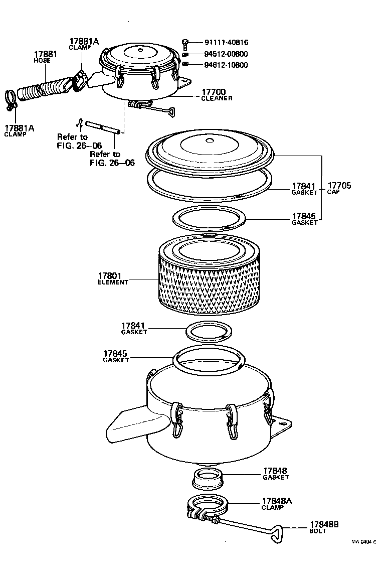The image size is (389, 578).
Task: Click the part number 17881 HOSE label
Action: click(x=45, y=57)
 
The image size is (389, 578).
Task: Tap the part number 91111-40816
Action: click(x=226, y=43)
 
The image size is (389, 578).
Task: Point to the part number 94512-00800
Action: click(x=226, y=54)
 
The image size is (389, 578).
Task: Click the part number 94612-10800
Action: click(x=226, y=65)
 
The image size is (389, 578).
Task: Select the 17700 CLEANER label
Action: click(x=217, y=95)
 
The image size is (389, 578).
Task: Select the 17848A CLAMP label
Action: click(x=277, y=504)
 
